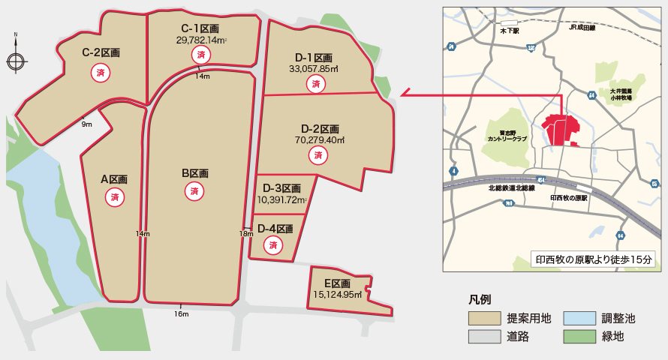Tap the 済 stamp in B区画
click(194, 191)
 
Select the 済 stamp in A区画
click(115, 197)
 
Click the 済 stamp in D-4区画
click(274, 244)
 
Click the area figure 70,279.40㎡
click(319, 139)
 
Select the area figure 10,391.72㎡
click(282, 200)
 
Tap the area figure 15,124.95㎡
click(338, 295)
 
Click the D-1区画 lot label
click(314, 58)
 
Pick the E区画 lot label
click(337, 283)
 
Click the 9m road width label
click(87, 124)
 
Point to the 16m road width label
click(181, 313)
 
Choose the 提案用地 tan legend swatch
click(485, 318)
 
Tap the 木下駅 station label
click(510, 31)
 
